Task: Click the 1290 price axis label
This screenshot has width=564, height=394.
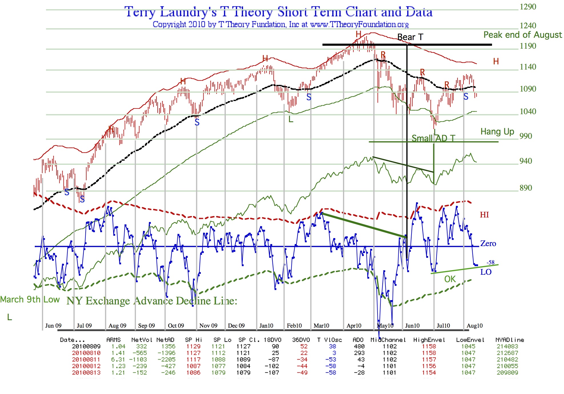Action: coord(528,7)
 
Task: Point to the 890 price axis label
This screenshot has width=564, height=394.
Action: coord(526,188)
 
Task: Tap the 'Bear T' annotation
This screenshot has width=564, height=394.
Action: coord(410,37)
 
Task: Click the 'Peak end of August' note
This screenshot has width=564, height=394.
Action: coord(522,35)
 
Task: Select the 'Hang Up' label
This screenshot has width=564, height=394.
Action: coord(497,132)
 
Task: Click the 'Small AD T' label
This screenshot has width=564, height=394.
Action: coord(433,138)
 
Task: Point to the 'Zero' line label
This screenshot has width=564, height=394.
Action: coord(488,243)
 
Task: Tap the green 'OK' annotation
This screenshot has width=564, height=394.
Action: coord(450,279)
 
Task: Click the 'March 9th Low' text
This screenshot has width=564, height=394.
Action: coord(30,300)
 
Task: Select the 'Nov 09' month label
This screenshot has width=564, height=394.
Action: coord(208,326)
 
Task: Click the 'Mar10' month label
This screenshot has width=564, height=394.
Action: coord(321,326)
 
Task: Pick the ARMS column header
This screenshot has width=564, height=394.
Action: coord(113,340)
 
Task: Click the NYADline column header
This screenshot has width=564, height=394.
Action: coord(509,340)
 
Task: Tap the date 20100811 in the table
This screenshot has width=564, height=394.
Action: coord(86,359)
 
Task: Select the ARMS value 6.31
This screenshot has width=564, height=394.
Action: coord(118,359)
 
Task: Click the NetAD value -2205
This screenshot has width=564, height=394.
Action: coord(166,359)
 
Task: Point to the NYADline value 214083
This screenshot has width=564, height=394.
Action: coord(507,346)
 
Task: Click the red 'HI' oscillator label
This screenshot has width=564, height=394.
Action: coord(484,215)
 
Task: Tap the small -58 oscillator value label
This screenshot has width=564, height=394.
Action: coord(490,262)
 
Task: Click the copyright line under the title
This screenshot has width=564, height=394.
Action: coord(280,25)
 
